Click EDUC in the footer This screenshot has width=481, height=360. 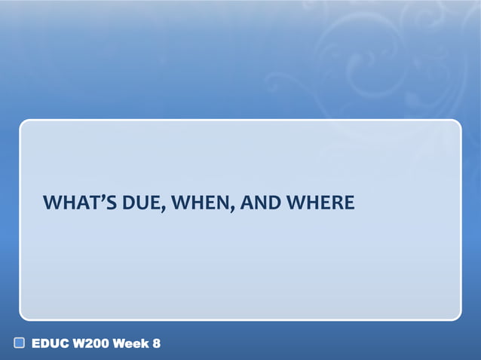(47, 344)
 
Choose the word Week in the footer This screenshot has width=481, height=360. (130, 344)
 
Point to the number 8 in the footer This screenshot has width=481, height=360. (156, 344)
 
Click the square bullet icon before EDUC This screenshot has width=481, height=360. (20, 344)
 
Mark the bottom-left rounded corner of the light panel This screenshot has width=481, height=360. (23, 317)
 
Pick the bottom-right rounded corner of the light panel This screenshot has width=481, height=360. (457, 317)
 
